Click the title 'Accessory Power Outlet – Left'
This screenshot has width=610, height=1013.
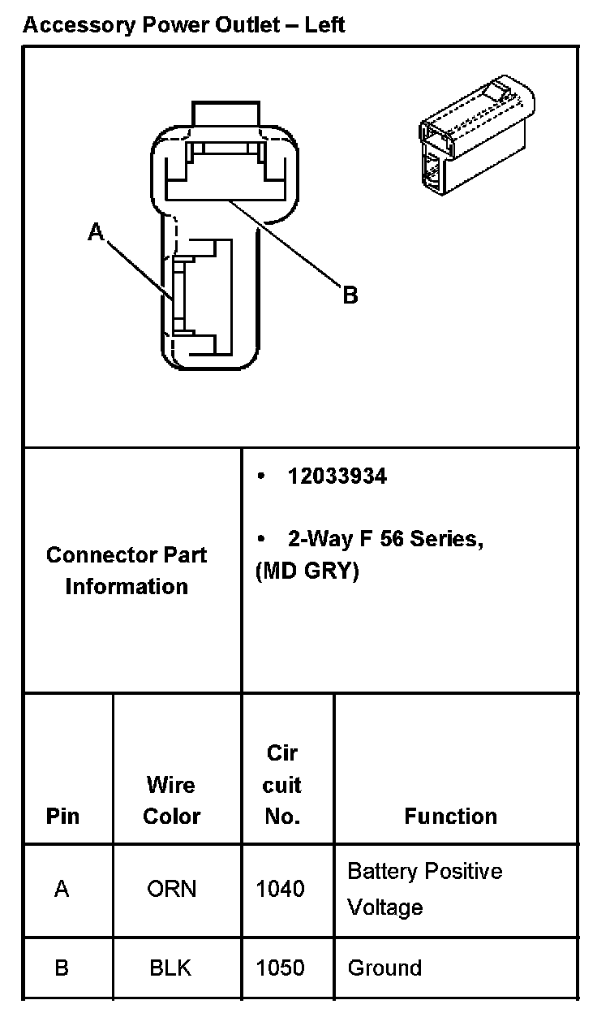pyautogui.click(x=184, y=25)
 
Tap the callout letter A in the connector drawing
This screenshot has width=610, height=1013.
pyautogui.click(x=97, y=233)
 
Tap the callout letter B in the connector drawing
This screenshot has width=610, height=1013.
pyautogui.click(x=350, y=295)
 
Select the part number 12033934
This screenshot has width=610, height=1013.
pyautogui.click(x=337, y=476)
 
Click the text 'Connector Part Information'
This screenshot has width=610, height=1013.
pyautogui.click(x=127, y=571)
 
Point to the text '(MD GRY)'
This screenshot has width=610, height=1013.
pyautogui.click(x=307, y=571)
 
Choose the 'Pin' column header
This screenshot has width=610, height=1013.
pyautogui.click(x=63, y=816)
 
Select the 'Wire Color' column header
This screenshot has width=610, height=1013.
pyautogui.click(x=171, y=800)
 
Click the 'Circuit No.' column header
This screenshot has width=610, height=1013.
pyautogui.click(x=282, y=785)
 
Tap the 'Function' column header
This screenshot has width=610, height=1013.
pyautogui.click(x=451, y=816)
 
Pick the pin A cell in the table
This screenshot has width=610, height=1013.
pyautogui.click(x=62, y=890)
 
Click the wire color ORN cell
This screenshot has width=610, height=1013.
pyautogui.click(x=171, y=890)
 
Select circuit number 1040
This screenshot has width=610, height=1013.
pyautogui.click(x=281, y=890)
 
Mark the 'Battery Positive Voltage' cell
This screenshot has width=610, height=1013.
pyautogui.click(x=424, y=889)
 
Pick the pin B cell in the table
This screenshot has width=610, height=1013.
pyautogui.click(x=62, y=968)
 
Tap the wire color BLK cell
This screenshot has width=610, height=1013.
pyautogui.click(x=170, y=968)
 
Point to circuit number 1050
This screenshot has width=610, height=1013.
pyautogui.click(x=281, y=968)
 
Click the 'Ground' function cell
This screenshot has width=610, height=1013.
pyautogui.click(x=384, y=968)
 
